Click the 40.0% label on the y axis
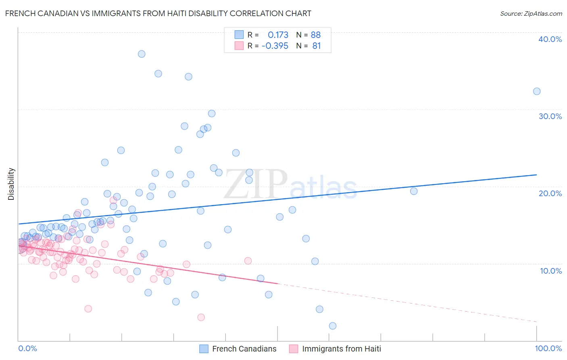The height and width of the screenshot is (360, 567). point(550,39)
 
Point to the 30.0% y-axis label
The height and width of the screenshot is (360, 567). point(550,116)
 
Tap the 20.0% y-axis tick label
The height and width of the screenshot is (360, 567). point(550,193)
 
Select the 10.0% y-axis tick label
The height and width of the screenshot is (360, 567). point(550,271)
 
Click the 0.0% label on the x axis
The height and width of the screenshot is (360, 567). point(27,348)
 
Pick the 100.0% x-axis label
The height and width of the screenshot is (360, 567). point(548,348)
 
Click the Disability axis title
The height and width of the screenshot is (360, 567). point(11,184)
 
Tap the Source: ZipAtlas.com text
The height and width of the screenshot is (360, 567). point(531,14)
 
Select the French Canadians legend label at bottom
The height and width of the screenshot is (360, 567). point(244,349)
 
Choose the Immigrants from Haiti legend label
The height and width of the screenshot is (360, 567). point(341,349)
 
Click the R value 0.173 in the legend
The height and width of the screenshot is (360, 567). point(278,35)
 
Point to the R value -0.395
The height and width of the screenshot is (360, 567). point(275,46)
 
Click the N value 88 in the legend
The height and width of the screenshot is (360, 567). point(315,35)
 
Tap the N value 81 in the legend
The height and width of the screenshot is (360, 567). point(316,46)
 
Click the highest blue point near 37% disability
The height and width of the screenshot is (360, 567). point(142,54)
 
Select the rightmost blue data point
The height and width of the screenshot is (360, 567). point(537,91)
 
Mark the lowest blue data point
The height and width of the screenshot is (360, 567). point(333,326)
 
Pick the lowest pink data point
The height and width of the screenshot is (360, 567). point(201,317)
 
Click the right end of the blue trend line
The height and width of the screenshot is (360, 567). point(537,175)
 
